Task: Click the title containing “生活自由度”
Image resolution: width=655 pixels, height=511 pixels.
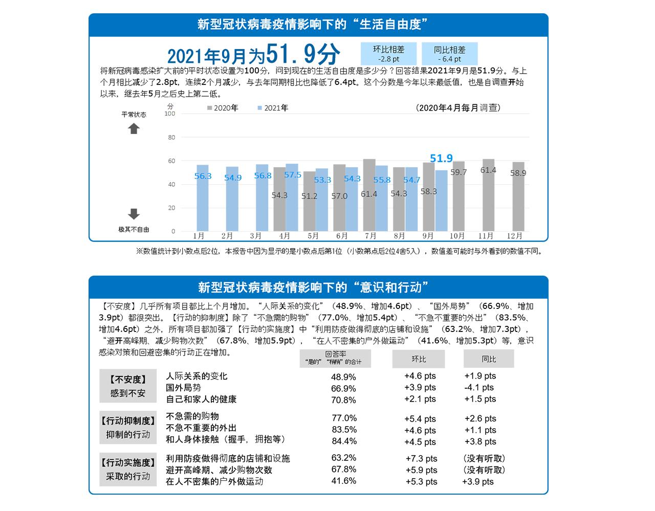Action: click(x=313, y=25)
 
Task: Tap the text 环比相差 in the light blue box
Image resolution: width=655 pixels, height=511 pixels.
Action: click(x=388, y=50)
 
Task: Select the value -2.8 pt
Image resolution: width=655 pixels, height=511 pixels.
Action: click(x=388, y=59)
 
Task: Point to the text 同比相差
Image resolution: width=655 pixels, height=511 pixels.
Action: click(x=449, y=50)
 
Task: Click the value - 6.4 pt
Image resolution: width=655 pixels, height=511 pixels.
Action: click(x=449, y=59)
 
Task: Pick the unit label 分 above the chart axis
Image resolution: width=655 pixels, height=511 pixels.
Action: click(x=170, y=106)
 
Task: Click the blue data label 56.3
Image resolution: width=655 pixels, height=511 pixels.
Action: click(x=202, y=176)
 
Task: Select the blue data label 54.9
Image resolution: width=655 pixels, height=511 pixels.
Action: click(x=232, y=177)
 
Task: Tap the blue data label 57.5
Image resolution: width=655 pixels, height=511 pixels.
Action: click(x=292, y=175)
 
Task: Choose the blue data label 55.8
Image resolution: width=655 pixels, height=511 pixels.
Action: click(x=382, y=180)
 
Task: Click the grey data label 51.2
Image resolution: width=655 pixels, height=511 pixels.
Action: click(x=309, y=196)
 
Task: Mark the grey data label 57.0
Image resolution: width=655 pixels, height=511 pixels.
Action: click(x=339, y=196)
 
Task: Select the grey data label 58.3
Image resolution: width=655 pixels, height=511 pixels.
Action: click(x=428, y=192)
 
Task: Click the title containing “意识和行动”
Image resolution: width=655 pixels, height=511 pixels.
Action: click(x=313, y=287)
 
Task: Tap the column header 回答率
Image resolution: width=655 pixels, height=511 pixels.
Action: click(x=335, y=354)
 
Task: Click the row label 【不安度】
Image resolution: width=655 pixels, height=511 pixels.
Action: click(x=128, y=380)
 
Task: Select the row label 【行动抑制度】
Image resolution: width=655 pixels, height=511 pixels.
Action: click(x=128, y=421)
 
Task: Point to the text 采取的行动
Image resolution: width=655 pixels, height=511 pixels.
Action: click(x=128, y=476)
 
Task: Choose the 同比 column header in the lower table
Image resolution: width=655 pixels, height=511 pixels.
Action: click(x=489, y=359)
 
